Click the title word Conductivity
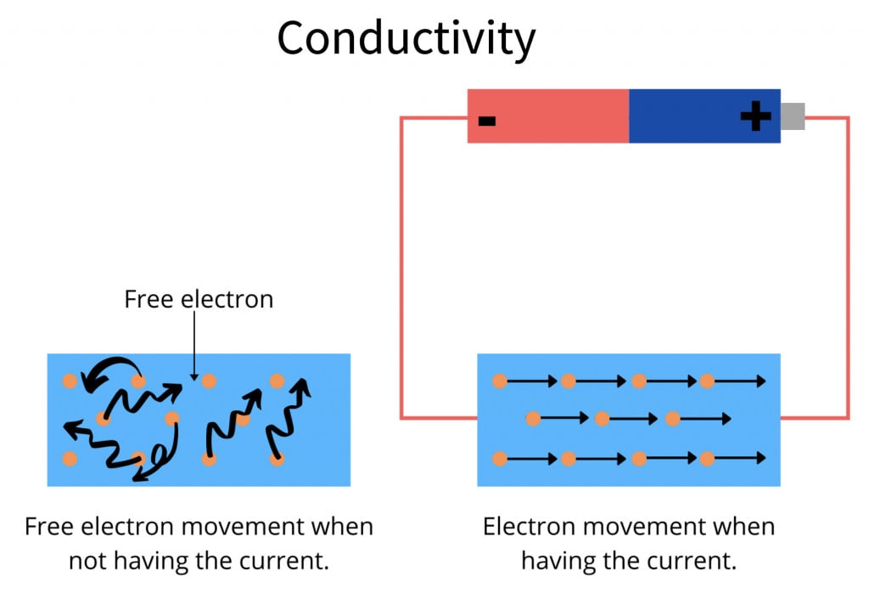406,38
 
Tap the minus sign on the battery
486,120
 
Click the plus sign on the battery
754,116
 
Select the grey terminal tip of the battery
792,116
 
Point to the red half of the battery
547,116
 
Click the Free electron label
199,299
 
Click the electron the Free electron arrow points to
208,381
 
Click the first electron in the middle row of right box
533,418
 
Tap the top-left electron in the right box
500,381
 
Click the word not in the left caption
84,561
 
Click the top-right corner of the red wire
848,118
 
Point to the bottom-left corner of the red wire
401,418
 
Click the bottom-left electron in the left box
70,459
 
